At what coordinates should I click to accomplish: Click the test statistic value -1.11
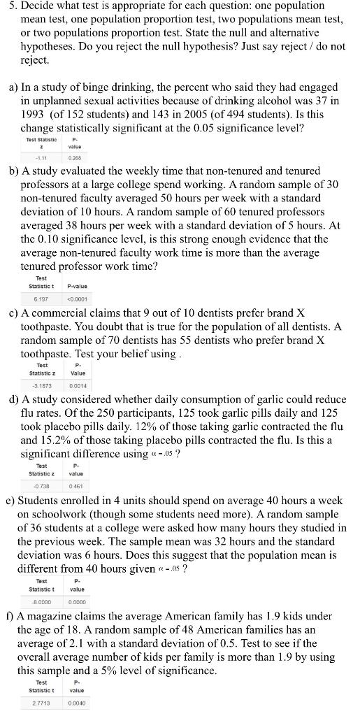click(31, 158)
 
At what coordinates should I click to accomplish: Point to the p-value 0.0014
click(78, 385)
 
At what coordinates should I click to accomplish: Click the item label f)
click(10, 617)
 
